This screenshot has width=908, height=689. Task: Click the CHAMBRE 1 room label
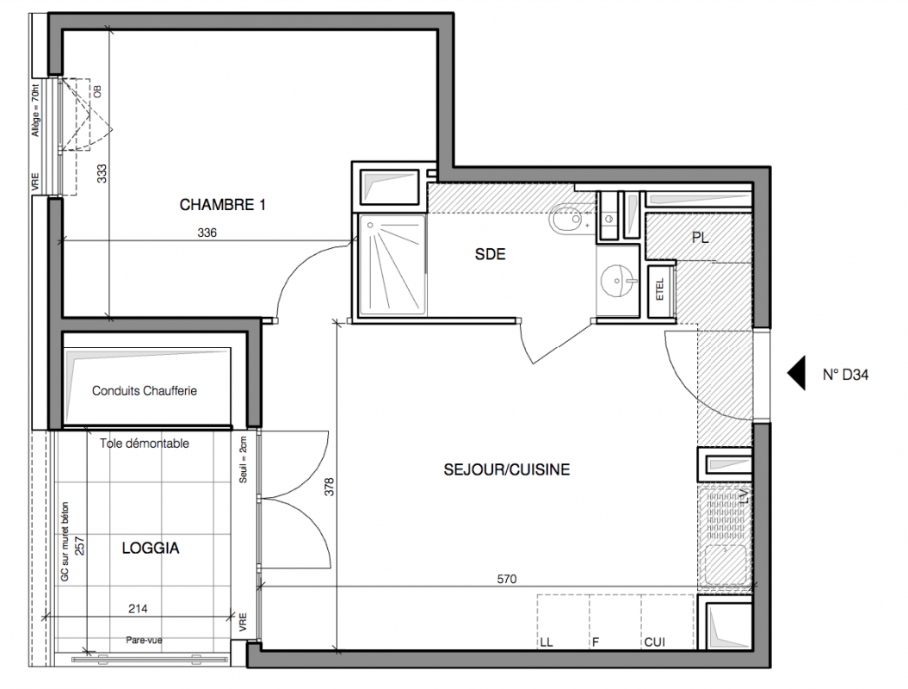click(222, 205)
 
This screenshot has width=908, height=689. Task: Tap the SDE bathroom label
click(490, 254)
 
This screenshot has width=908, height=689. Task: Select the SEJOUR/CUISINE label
click(507, 469)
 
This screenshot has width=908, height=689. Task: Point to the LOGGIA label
click(151, 548)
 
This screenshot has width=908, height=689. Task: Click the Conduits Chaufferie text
click(145, 390)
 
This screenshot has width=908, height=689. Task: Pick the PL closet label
click(700, 237)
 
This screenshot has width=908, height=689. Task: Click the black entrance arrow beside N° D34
click(796, 373)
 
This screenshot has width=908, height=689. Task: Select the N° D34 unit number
click(845, 375)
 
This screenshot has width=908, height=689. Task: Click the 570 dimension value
click(507, 578)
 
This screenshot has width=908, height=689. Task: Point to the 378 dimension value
click(329, 487)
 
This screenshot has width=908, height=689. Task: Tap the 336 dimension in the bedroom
click(207, 233)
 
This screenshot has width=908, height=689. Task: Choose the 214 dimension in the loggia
click(138, 608)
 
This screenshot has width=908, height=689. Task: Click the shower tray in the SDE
click(392, 265)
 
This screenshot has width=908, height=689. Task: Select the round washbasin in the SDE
click(617, 281)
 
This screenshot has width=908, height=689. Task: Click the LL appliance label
click(546, 642)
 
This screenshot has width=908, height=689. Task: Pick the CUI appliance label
click(654, 642)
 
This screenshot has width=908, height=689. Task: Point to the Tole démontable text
click(145, 444)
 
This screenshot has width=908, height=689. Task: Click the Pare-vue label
click(145, 640)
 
